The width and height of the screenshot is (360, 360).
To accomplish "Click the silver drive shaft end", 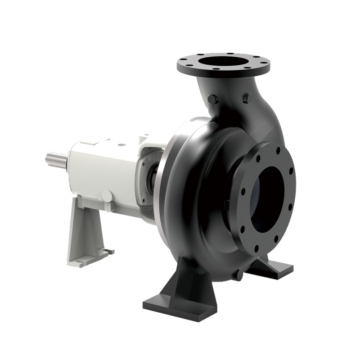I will point(55,158).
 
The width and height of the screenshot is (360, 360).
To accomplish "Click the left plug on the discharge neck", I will point(213,99).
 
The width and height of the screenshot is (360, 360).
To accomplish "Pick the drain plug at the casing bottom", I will point(237,274).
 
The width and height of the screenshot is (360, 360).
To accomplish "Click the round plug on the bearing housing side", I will point(108,196).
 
